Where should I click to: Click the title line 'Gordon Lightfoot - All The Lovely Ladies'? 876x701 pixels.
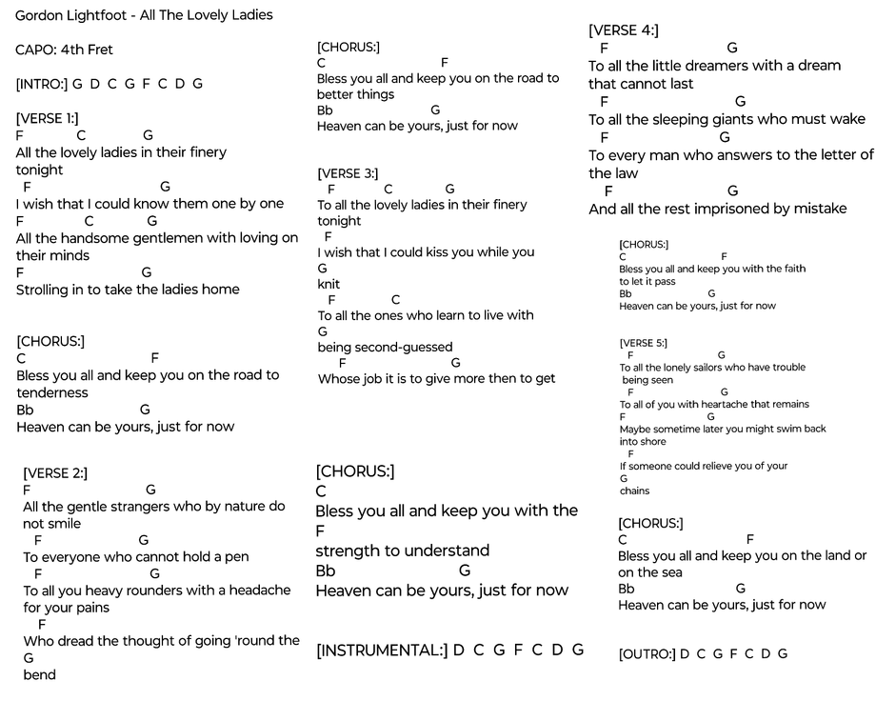(144, 15)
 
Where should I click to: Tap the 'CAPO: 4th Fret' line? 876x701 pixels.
(65, 50)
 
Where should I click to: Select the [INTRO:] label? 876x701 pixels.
(42, 84)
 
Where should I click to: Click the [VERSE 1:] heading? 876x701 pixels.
(48, 118)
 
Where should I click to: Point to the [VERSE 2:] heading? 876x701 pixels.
(55, 472)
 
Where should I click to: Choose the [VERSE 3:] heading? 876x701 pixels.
(348, 173)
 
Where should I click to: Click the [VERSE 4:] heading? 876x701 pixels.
(624, 30)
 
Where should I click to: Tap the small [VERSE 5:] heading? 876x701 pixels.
(643, 343)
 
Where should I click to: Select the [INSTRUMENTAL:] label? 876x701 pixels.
(382, 651)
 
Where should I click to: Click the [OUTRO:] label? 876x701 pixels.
(647, 654)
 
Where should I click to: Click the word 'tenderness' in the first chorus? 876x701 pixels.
(52, 392)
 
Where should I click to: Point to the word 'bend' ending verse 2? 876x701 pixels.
(39, 675)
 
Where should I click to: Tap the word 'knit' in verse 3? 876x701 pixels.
(328, 284)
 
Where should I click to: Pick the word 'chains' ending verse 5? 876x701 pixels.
(634, 491)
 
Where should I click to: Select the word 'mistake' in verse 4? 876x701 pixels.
(818, 209)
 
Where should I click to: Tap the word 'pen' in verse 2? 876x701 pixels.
(238, 557)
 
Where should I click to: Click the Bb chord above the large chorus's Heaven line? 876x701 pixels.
(326, 571)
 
